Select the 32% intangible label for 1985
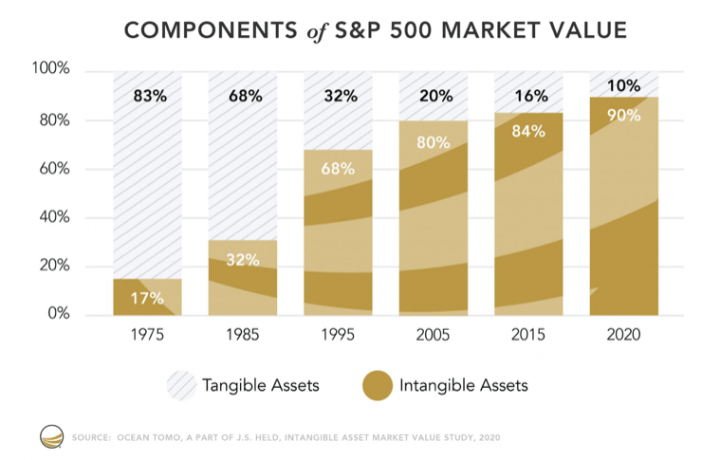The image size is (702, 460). click(244, 260)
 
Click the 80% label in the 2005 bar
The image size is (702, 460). click(434, 143)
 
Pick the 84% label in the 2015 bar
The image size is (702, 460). click(527, 131)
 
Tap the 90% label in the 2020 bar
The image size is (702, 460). click(623, 116)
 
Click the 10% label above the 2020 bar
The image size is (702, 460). click(623, 86)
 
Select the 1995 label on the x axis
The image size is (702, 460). click(339, 335)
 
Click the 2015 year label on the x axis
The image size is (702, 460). click(527, 335)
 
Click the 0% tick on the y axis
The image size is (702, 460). click(58, 315)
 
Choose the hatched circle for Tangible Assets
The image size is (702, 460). click(183, 385)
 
